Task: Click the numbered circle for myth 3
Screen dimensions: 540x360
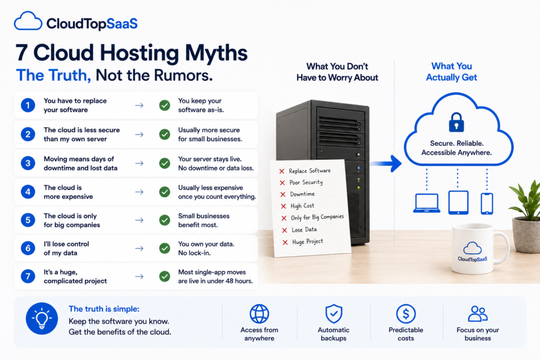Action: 28,163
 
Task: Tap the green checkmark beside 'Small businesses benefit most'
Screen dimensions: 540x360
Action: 165,220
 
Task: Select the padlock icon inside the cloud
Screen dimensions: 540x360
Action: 456,122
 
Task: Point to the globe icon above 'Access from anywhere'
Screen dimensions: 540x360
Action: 259,314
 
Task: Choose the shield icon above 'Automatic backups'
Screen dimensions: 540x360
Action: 334,314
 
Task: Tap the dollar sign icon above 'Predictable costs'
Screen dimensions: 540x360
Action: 406,314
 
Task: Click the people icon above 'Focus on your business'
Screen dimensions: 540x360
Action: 478,314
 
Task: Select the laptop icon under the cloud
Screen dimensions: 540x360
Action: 427,203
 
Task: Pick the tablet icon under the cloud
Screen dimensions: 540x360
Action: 458,203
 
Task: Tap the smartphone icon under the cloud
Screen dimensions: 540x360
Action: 487,204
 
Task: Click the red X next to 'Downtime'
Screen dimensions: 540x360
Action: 283,194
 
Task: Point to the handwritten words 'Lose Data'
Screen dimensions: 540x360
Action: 304,230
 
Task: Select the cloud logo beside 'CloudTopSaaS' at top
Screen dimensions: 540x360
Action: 28,21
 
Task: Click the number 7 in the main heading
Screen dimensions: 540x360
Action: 21,53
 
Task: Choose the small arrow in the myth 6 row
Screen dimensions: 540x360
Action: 139,248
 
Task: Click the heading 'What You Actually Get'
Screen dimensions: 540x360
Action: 451,72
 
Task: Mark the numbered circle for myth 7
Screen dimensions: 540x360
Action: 28,276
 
